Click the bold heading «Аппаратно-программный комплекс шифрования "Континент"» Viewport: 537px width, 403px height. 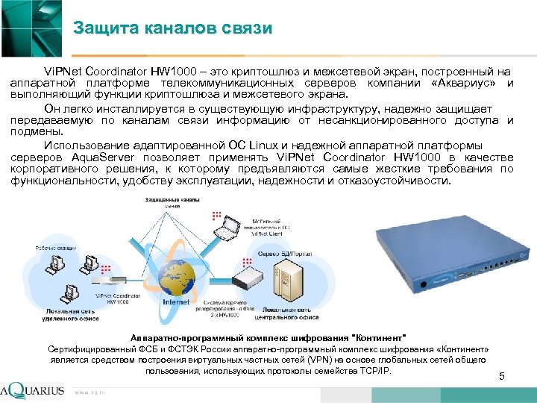click(268, 337)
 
